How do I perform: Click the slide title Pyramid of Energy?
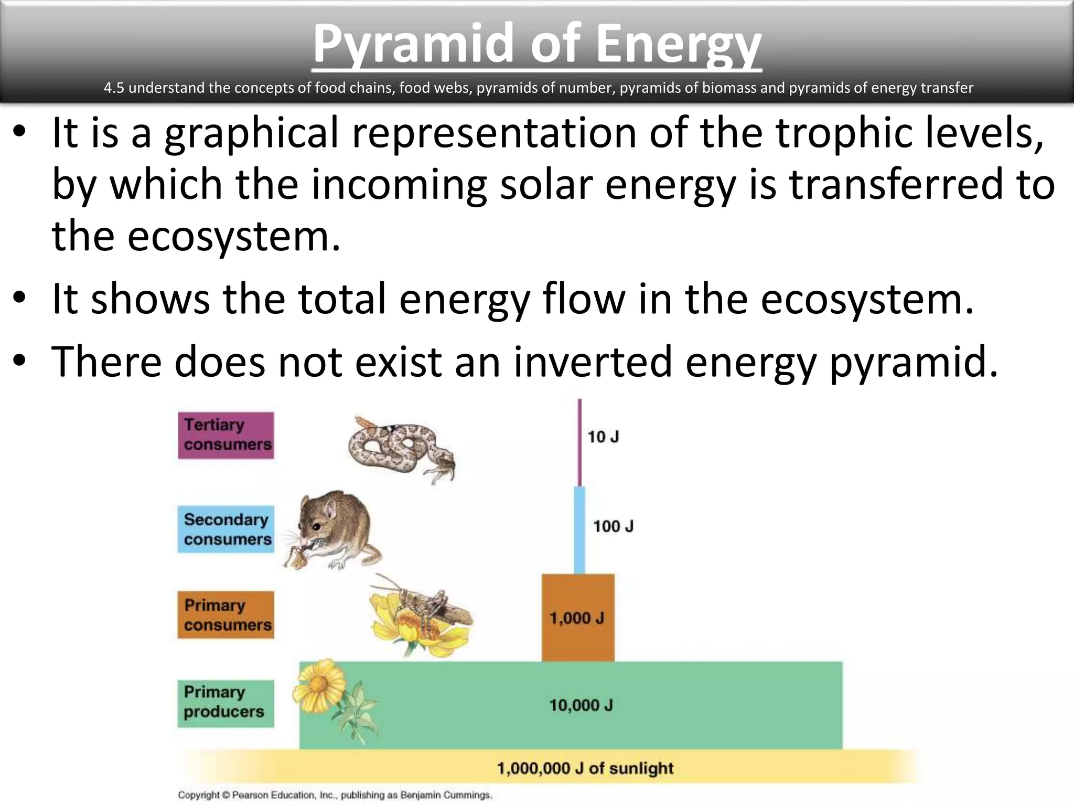[x=536, y=45]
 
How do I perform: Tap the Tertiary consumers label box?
[x=225, y=435]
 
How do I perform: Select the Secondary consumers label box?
[x=225, y=529]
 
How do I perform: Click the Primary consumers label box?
[x=225, y=614]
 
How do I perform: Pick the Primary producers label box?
[x=225, y=703]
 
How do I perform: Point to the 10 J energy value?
[x=603, y=437]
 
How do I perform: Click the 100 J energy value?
[x=613, y=526]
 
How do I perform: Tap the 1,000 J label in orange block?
[x=576, y=618]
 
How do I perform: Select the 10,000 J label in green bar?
[x=581, y=705]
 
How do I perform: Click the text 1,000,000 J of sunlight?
[x=585, y=768]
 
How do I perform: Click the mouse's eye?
[x=315, y=526]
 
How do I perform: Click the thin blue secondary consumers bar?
[x=579, y=530]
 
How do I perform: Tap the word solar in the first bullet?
[x=545, y=184]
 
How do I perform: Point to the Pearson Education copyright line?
[x=335, y=795]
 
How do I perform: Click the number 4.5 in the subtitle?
[x=113, y=88]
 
